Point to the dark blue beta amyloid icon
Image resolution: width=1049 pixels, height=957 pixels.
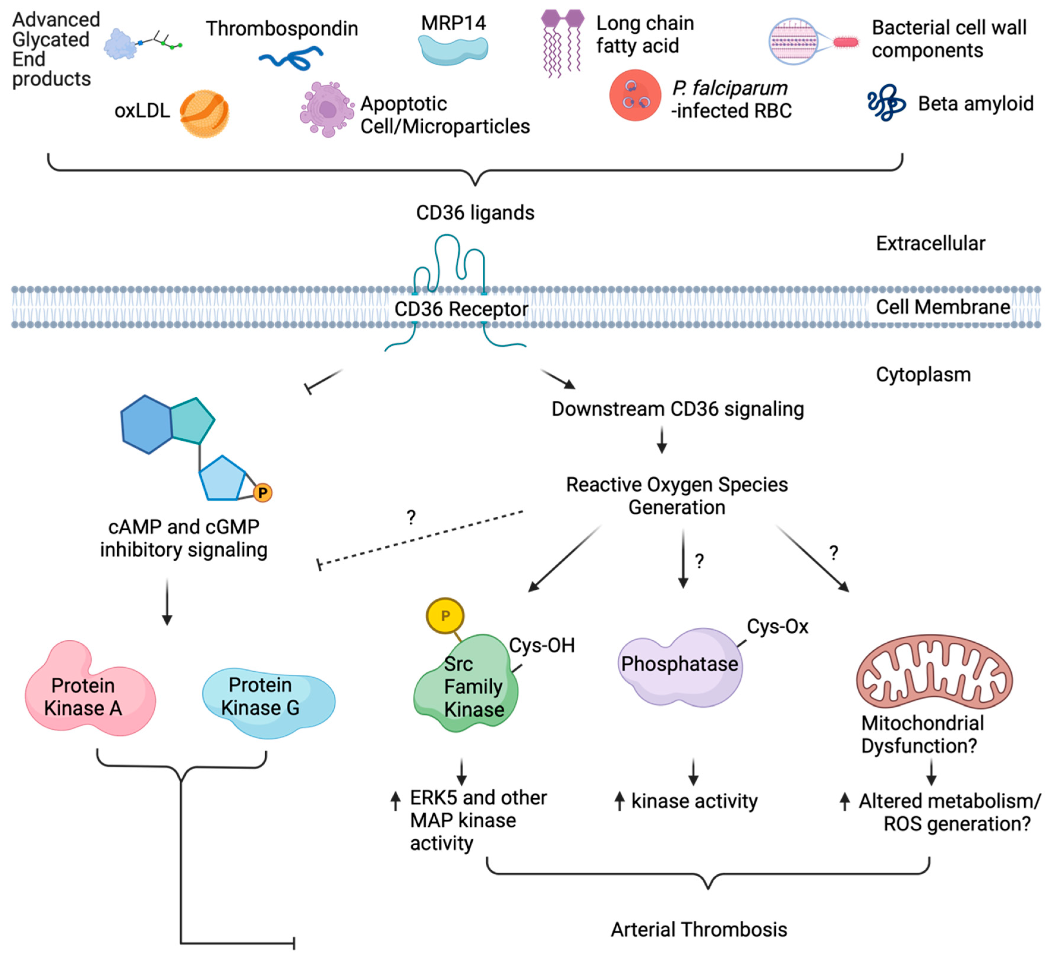coord(886,103)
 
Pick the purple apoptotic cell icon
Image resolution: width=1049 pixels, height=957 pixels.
coord(326,109)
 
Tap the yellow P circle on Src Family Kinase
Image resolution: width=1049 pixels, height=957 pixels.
coord(445,616)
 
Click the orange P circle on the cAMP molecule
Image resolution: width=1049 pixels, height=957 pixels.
coord(263,492)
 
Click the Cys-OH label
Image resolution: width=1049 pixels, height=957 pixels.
coord(542,645)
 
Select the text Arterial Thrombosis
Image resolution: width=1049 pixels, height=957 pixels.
coord(699,929)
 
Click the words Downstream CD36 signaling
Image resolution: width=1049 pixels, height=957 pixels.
coord(677,409)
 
